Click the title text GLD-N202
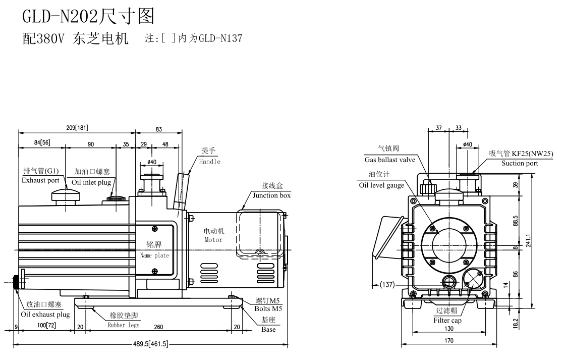point(61,17)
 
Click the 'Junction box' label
point(271,195)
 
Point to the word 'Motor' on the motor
point(213,240)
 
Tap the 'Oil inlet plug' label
point(91,182)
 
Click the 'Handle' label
point(209,162)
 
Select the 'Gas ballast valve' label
point(389,160)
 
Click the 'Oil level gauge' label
point(381,185)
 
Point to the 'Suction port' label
point(520,163)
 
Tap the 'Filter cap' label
point(447,320)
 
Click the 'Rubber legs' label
point(124,325)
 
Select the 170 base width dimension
point(448,341)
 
